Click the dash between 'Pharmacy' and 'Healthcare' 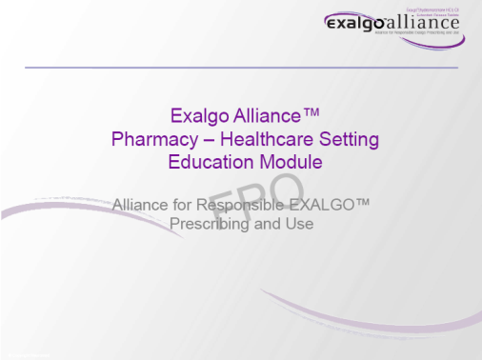(x=203, y=140)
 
